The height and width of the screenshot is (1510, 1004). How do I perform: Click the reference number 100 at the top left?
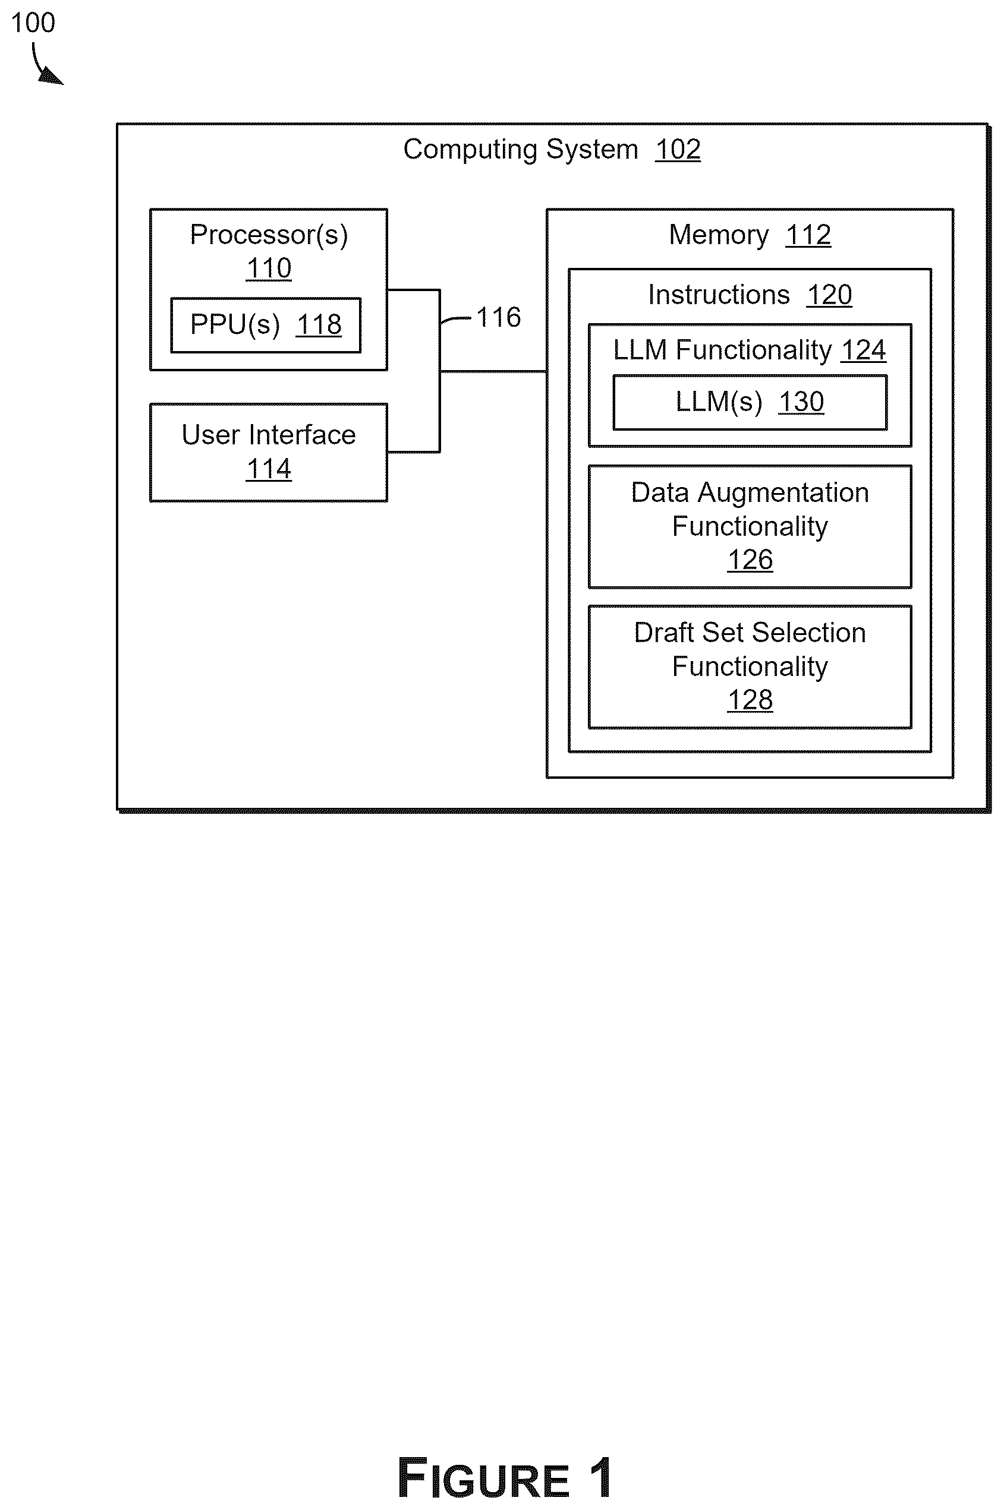click(33, 23)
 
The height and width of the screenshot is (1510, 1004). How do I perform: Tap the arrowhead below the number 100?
click(52, 76)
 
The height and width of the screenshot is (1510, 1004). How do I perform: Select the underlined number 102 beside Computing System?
click(678, 150)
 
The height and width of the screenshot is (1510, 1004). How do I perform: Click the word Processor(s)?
click(269, 234)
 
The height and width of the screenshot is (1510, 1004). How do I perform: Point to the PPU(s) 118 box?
click(266, 325)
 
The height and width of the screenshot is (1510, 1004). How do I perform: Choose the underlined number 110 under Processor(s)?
click(269, 268)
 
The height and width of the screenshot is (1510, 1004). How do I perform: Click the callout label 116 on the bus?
click(499, 317)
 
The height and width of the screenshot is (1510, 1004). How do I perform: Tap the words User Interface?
click(269, 435)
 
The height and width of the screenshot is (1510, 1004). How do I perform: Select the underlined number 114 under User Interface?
click(269, 469)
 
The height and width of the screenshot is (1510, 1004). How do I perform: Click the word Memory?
click(719, 235)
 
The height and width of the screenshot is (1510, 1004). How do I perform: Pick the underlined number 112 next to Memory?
click(808, 235)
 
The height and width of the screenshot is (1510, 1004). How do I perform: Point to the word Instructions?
click(719, 295)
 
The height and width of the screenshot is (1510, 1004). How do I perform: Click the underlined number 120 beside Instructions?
click(829, 295)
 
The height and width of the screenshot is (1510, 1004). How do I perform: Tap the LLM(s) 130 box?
click(750, 402)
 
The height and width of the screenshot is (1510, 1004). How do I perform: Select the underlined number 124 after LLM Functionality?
click(864, 350)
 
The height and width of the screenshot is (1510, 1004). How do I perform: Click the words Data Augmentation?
click(750, 492)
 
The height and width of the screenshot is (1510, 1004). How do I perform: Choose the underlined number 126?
click(750, 560)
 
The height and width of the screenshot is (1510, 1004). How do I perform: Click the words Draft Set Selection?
click(750, 633)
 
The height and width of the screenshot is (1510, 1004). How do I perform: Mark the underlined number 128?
click(750, 700)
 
